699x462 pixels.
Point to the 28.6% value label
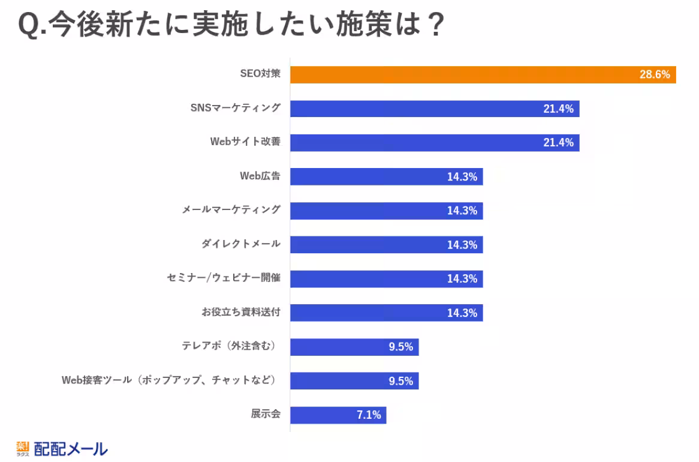655,75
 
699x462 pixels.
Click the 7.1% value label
369,415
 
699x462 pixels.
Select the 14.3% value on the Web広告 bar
462,177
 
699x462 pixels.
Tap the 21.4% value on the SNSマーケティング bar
558,109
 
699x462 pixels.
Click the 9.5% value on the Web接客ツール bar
400,381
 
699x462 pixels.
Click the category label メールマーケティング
231,210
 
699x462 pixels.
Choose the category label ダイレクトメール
241,244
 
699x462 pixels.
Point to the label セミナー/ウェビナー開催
224,278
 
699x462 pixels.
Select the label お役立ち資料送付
241,313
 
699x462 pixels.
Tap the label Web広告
260,176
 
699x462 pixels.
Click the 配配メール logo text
71,449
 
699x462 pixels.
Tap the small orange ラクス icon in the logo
22,448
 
